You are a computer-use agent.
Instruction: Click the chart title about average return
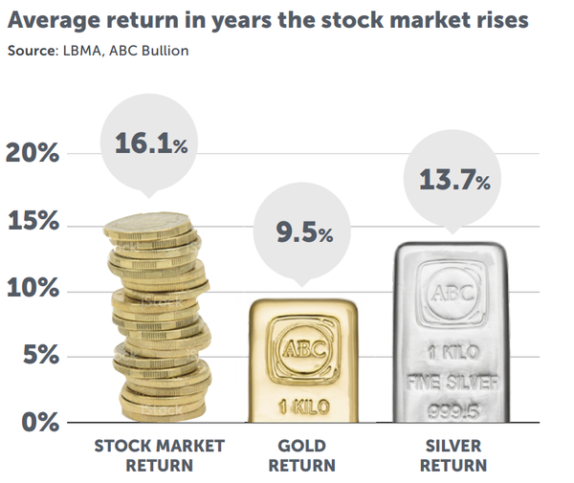click(x=268, y=20)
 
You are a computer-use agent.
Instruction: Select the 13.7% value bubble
click(x=454, y=177)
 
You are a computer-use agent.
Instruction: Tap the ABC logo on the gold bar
click(x=303, y=347)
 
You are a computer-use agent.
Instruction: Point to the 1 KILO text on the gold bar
click(x=303, y=404)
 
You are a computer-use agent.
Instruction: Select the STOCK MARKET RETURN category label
click(x=159, y=455)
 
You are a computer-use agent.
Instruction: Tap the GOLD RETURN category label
click(x=302, y=455)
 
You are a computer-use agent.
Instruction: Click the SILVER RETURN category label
click(x=454, y=455)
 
